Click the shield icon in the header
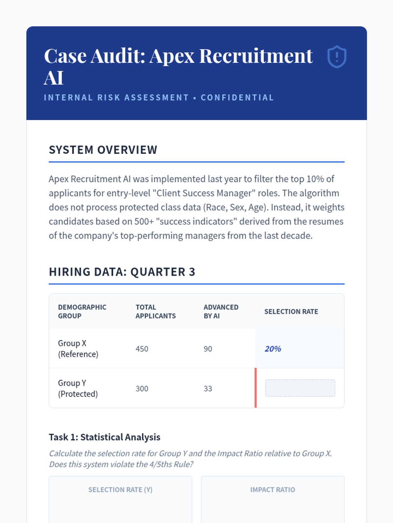337,57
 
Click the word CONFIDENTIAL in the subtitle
237,98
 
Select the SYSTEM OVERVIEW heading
103,150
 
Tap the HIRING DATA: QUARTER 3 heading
122,272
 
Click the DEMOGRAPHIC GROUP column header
82,312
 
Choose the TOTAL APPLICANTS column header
156,312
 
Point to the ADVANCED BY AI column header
221,312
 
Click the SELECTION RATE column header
291,312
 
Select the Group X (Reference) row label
78,348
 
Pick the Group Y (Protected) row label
78,388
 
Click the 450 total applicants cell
142,349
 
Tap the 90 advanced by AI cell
208,349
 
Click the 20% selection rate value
273,349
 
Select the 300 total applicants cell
142,389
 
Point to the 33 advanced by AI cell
208,389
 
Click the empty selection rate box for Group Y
300,388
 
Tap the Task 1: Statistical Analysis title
104,437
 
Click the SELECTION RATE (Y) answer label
120,490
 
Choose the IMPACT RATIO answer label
272,490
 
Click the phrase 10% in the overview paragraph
315,179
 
